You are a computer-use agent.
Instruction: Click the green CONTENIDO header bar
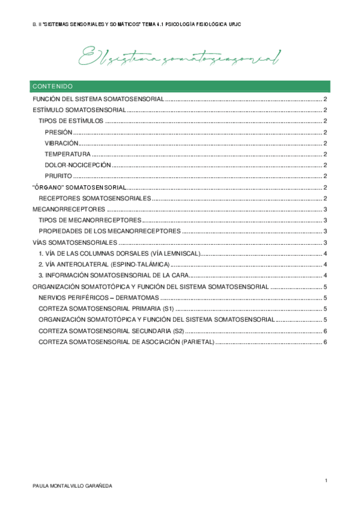click(180, 86)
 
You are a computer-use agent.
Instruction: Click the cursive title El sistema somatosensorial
click(180, 58)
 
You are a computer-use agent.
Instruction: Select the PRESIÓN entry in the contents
click(58, 132)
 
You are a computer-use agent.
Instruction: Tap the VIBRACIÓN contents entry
click(61, 143)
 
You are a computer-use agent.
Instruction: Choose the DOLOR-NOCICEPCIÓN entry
click(78, 165)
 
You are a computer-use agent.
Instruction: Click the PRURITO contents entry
click(58, 176)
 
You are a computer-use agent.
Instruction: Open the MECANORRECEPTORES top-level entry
click(69, 209)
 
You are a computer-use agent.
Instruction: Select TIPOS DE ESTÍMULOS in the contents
click(70, 121)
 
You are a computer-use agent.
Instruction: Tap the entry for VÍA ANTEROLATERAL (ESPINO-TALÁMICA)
click(104, 265)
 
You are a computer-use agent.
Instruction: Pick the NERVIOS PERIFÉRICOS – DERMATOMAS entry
click(98, 298)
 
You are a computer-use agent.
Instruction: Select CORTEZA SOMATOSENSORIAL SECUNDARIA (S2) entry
click(111, 331)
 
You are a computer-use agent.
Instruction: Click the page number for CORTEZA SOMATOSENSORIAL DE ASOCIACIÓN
click(325, 342)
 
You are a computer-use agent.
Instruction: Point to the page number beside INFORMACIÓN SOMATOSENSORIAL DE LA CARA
click(325, 275)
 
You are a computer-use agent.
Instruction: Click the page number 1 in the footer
click(325, 480)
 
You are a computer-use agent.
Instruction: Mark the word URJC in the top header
click(236, 23)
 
